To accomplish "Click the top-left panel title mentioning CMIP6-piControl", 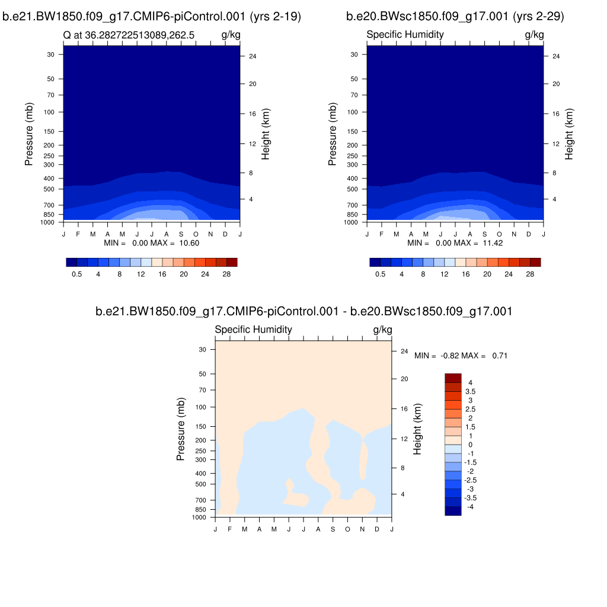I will click(x=152, y=17).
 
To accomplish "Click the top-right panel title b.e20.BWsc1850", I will click(x=455, y=17).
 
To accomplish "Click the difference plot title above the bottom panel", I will click(x=303, y=311).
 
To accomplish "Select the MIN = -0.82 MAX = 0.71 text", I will click(x=461, y=356).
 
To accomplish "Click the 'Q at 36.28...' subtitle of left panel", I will click(x=139, y=35).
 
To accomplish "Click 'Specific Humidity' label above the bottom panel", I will click(x=253, y=330).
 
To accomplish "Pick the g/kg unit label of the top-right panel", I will click(x=534, y=34).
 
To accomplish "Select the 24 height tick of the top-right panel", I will click(x=556, y=56).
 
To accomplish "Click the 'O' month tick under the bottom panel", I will click(x=348, y=529).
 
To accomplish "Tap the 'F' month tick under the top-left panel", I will click(x=78, y=234).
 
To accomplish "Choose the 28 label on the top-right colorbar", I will click(x=530, y=274).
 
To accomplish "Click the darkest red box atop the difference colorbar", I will click(x=453, y=378).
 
